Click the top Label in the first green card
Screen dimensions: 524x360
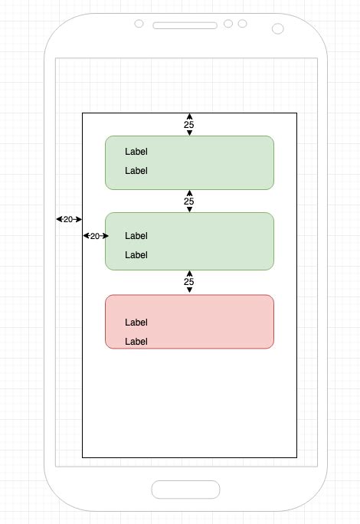pos(136,152)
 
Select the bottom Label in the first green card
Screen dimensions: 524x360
pos(136,171)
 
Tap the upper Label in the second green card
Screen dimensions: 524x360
pos(136,236)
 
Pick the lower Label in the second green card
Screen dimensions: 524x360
pos(136,254)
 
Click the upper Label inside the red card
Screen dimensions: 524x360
pos(136,323)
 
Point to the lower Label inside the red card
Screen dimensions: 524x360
pos(136,341)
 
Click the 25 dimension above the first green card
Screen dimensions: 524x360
pos(189,124)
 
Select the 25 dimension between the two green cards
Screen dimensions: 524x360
pos(189,201)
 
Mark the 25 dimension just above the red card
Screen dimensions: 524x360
pos(189,282)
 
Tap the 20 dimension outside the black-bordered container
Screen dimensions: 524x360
pos(68,219)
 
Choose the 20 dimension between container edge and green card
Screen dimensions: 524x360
pos(95,236)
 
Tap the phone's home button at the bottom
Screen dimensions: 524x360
pos(185,490)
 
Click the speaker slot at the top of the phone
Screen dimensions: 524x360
pos(185,25)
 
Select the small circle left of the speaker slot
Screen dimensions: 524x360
pos(139,25)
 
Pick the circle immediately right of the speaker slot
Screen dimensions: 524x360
pos(228,24)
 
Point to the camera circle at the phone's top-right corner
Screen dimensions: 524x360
pos(277,29)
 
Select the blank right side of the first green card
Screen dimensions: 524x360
pos(230,162)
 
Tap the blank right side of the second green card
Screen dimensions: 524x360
pos(230,241)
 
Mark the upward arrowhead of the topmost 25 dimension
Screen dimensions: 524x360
pos(189,116)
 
